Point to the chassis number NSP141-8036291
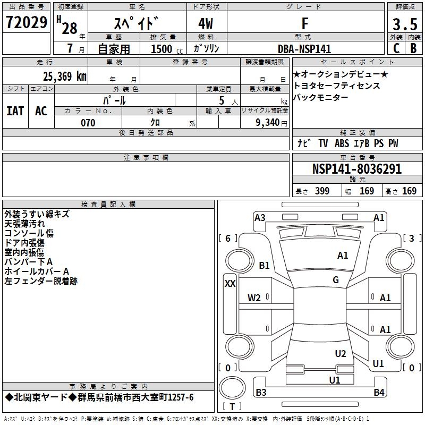(x=356, y=169)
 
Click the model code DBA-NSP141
(x=304, y=49)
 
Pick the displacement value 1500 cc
(x=162, y=49)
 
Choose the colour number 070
(x=88, y=123)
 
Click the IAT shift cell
(x=15, y=111)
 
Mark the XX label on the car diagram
(x=230, y=284)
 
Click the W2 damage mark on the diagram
(x=254, y=298)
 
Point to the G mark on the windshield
(x=336, y=280)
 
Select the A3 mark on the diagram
(x=260, y=217)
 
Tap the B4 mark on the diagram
(x=379, y=393)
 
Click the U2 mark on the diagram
(x=341, y=354)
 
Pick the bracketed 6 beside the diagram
(x=228, y=239)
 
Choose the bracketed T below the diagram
(x=232, y=407)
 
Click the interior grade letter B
(x=413, y=48)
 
